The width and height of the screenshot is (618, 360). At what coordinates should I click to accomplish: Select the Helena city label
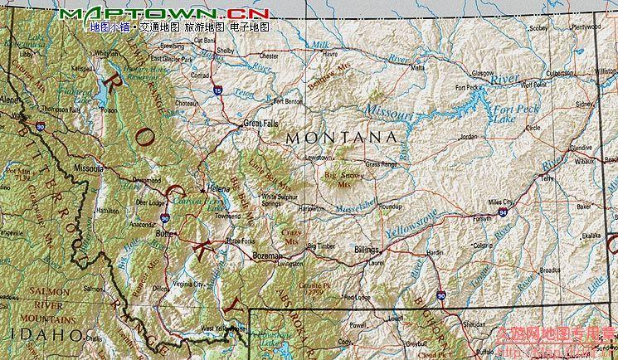coord(218,187)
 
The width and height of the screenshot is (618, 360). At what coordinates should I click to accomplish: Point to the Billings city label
coord(366,249)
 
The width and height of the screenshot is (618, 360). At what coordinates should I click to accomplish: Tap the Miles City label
coord(503,202)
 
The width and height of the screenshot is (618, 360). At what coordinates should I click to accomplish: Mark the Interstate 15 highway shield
coord(217,89)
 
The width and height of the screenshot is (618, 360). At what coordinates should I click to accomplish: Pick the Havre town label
coord(330,54)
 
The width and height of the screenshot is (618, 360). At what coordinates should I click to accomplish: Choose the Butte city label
coord(163,234)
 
